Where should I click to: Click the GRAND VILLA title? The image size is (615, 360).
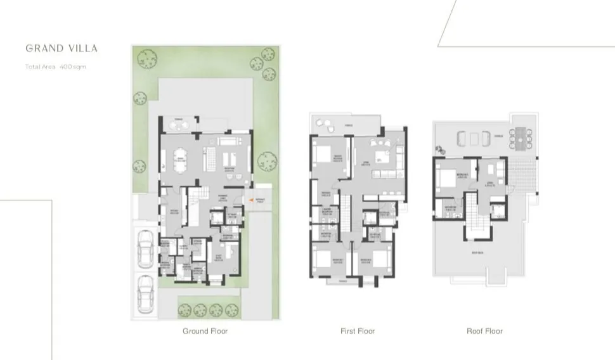pos(61,48)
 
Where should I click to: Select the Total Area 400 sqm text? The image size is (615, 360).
pos(56,67)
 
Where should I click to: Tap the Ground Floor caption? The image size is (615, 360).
pos(205,331)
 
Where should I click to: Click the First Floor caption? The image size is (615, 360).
pos(358,331)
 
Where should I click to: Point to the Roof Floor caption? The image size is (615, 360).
pos(484,331)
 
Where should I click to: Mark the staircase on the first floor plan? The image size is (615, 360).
pos(346,215)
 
